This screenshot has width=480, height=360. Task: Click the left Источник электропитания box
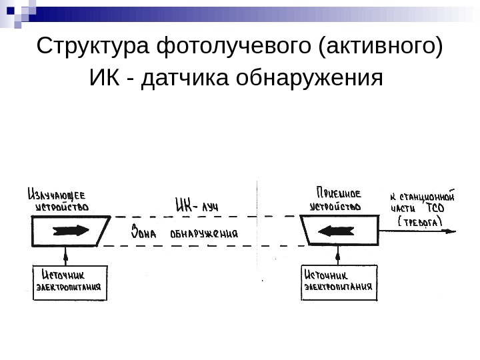click(69, 283)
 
